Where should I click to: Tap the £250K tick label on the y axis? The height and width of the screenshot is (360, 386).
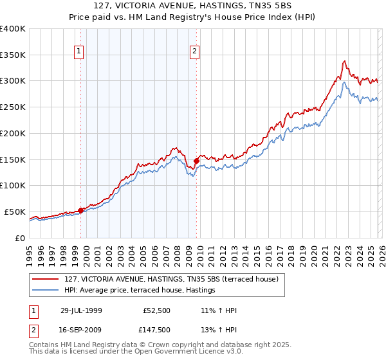[13, 107]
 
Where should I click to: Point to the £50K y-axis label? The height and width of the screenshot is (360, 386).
[15, 212]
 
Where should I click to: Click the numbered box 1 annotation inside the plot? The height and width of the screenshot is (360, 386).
[79, 52]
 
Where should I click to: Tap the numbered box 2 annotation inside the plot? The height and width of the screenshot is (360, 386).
[194, 52]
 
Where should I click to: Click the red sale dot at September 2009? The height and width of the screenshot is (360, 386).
[196, 161]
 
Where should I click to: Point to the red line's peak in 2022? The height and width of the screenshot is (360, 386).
[345, 61]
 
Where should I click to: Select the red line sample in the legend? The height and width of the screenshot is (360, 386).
[47, 280]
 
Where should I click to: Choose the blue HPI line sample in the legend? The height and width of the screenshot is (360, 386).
[47, 291]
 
